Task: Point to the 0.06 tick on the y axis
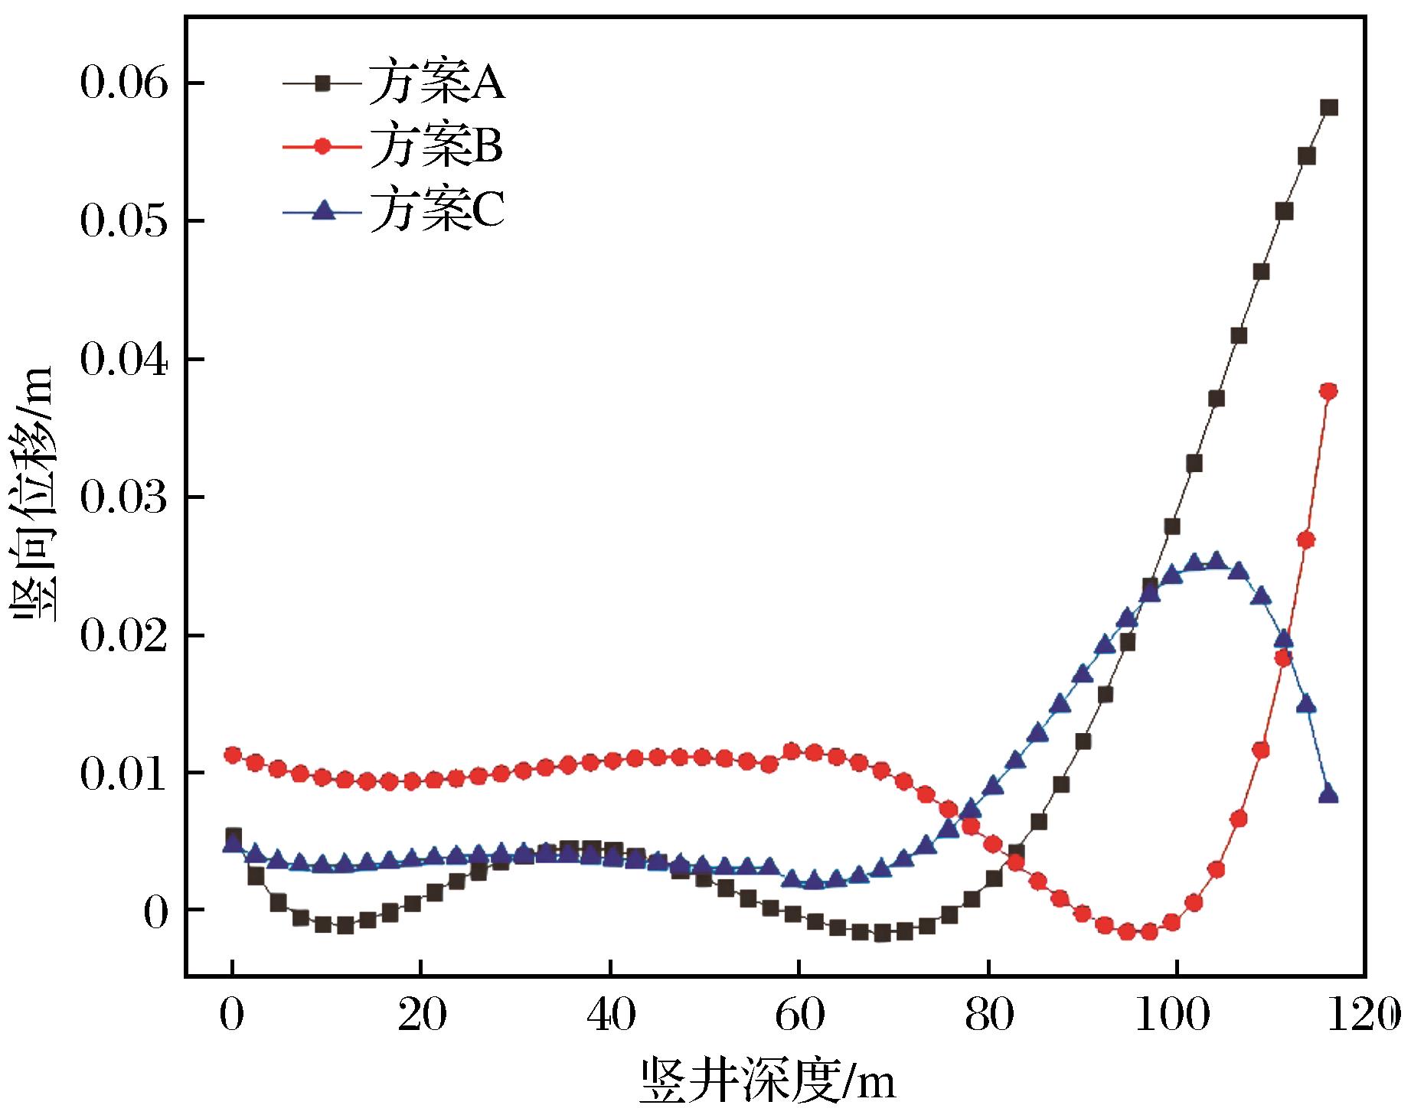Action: pyautogui.click(x=126, y=83)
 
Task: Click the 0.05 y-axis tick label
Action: pyautogui.click(x=126, y=221)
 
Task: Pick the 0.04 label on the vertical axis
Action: pyautogui.click(x=126, y=360)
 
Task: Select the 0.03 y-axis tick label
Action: pyautogui.click(x=126, y=497)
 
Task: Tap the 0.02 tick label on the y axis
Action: pyautogui.click(x=126, y=636)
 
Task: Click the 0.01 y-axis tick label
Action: pyautogui.click(x=126, y=774)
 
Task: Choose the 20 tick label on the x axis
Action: pyautogui.click(x=421, y=1015)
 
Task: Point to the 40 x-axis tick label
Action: pyautogui.click(x=610, y=1015)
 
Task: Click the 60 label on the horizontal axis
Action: pyautogui.click(x=799, y=1015)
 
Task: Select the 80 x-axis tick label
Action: pyautogui.click(x=988, y=1015)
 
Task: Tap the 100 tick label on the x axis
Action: pyautogui.click(x=1177, y=1015)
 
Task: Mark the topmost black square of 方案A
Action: pyautogui.click(x=1329, y=107)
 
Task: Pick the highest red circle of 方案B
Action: pyautogui.click(x=1329, y=391)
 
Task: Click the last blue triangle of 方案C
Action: pyautogui.click(x=1329, y=794)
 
